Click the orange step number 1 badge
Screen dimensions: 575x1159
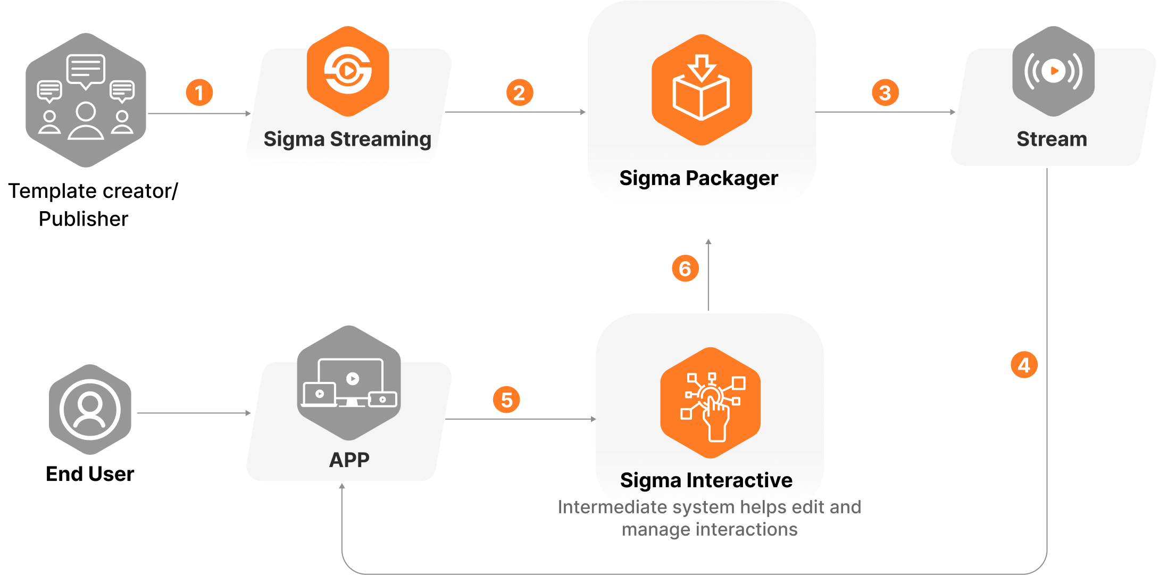(199, 93)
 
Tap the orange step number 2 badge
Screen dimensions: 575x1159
(520, 93)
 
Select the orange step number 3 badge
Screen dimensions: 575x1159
(885, 93)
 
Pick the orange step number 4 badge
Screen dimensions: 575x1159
(1024, 365)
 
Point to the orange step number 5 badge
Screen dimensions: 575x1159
(506, 399)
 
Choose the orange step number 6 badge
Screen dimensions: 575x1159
(685, 268)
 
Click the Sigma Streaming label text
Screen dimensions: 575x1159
(347, 139)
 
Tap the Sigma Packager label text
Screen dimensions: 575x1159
(698, 178)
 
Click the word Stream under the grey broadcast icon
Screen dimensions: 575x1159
(1052, 139)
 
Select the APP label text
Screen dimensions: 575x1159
(349, 460)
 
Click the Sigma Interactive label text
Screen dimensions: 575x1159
(706, 480)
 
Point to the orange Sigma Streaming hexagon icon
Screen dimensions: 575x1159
(348, 71)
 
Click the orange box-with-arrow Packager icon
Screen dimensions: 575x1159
(702, 89)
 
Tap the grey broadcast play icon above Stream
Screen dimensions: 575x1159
(1053, 71)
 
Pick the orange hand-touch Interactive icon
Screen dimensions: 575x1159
(710, 403)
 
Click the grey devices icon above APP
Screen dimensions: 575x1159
(349, 383)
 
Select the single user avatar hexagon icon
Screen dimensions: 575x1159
(90, 410)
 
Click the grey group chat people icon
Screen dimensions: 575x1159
(86, 100)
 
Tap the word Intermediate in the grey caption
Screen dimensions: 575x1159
(612, 507)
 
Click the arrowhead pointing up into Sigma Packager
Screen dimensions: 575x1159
(708, 242)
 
